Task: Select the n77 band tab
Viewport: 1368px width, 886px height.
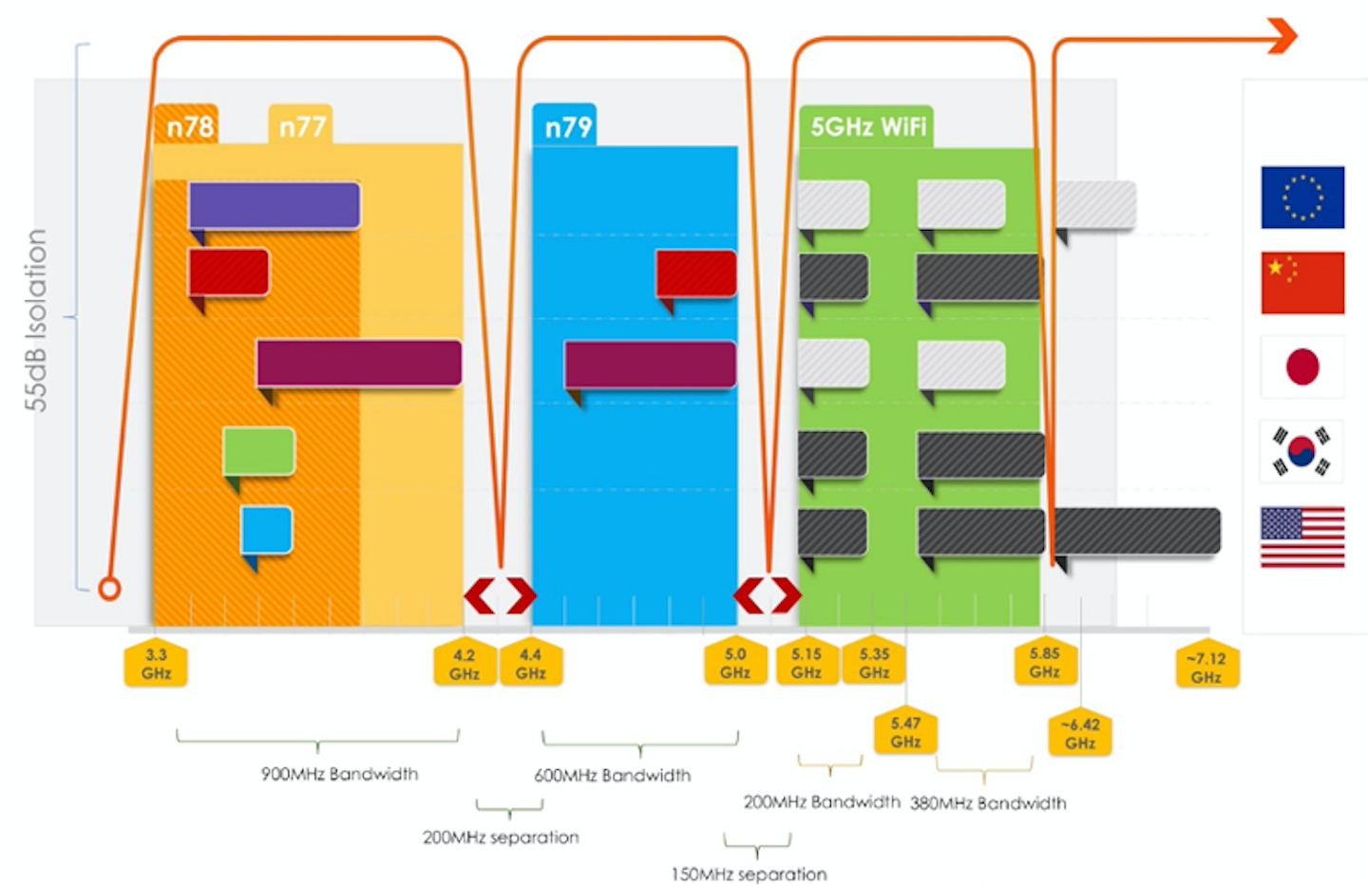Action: tap(301, 126)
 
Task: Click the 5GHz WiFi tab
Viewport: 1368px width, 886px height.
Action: tap(866, 126)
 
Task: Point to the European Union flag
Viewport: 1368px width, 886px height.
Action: tap(1301, 198)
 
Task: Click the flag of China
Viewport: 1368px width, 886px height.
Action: tap(1301, 282)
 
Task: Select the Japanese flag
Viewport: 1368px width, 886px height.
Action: tap(1301, 367)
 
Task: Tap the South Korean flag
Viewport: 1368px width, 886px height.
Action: tap(1301, 451)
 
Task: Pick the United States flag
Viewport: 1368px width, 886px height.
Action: tap(1301, 537)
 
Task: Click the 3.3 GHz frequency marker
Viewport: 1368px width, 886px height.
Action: tap(156, 664)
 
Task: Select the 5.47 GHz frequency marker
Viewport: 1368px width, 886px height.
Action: tap(905, 732)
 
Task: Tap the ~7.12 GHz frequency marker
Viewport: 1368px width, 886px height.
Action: tap(1206, 667)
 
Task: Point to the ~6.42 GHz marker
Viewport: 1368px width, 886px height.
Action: tap(1080, 733)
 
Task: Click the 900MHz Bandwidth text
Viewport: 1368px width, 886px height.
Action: tap(339, 774)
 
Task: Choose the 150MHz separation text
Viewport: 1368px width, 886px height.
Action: tap(749, 874)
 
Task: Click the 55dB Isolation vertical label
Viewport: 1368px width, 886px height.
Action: tap(36, 320)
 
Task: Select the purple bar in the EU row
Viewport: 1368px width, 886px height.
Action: tap(274, 205)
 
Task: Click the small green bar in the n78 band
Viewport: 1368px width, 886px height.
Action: tap(258, 451)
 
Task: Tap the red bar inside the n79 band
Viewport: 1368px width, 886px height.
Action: tap(695, 273)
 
